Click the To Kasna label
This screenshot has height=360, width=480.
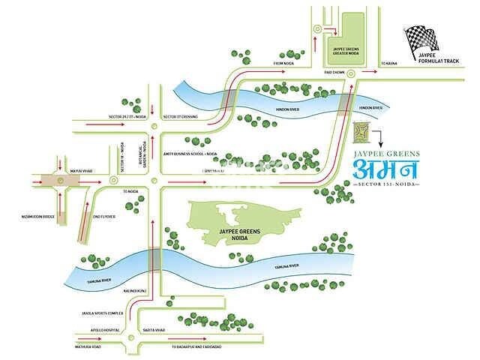(388, 64)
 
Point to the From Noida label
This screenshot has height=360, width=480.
(286, 64)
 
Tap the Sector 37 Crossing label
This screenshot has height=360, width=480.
(180, 118)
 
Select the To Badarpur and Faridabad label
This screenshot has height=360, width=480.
(200, 347)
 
